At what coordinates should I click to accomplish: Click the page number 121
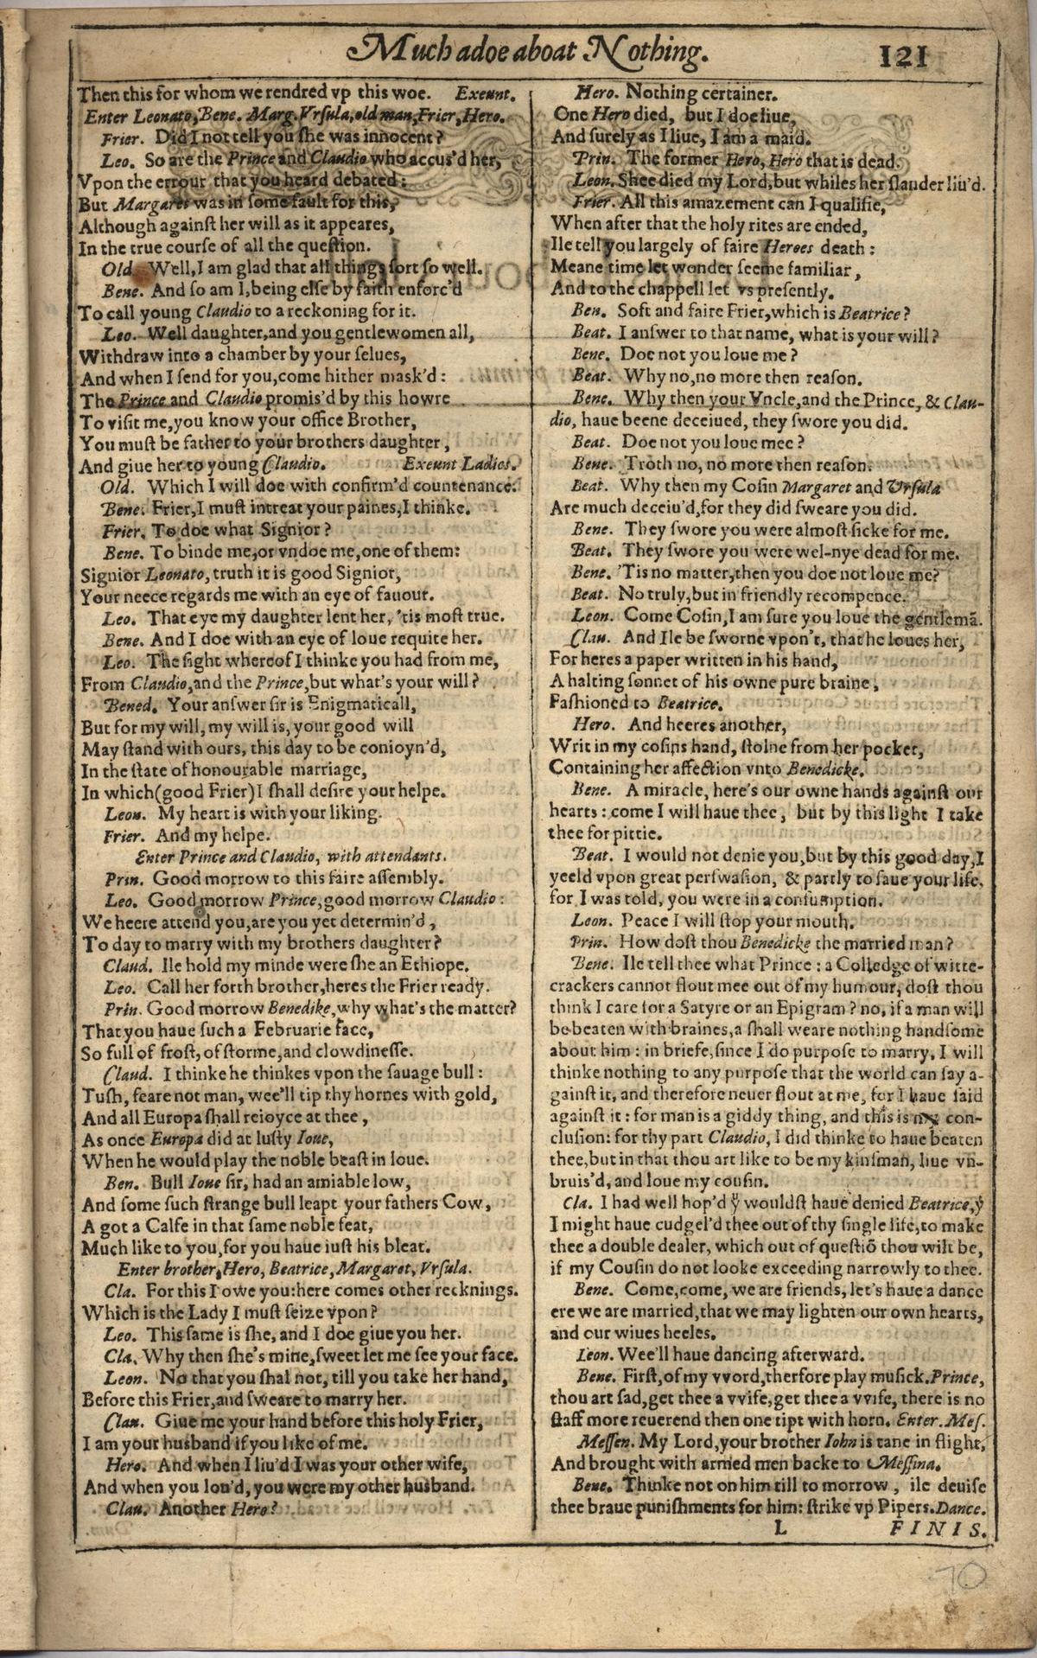coord(903,57)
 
